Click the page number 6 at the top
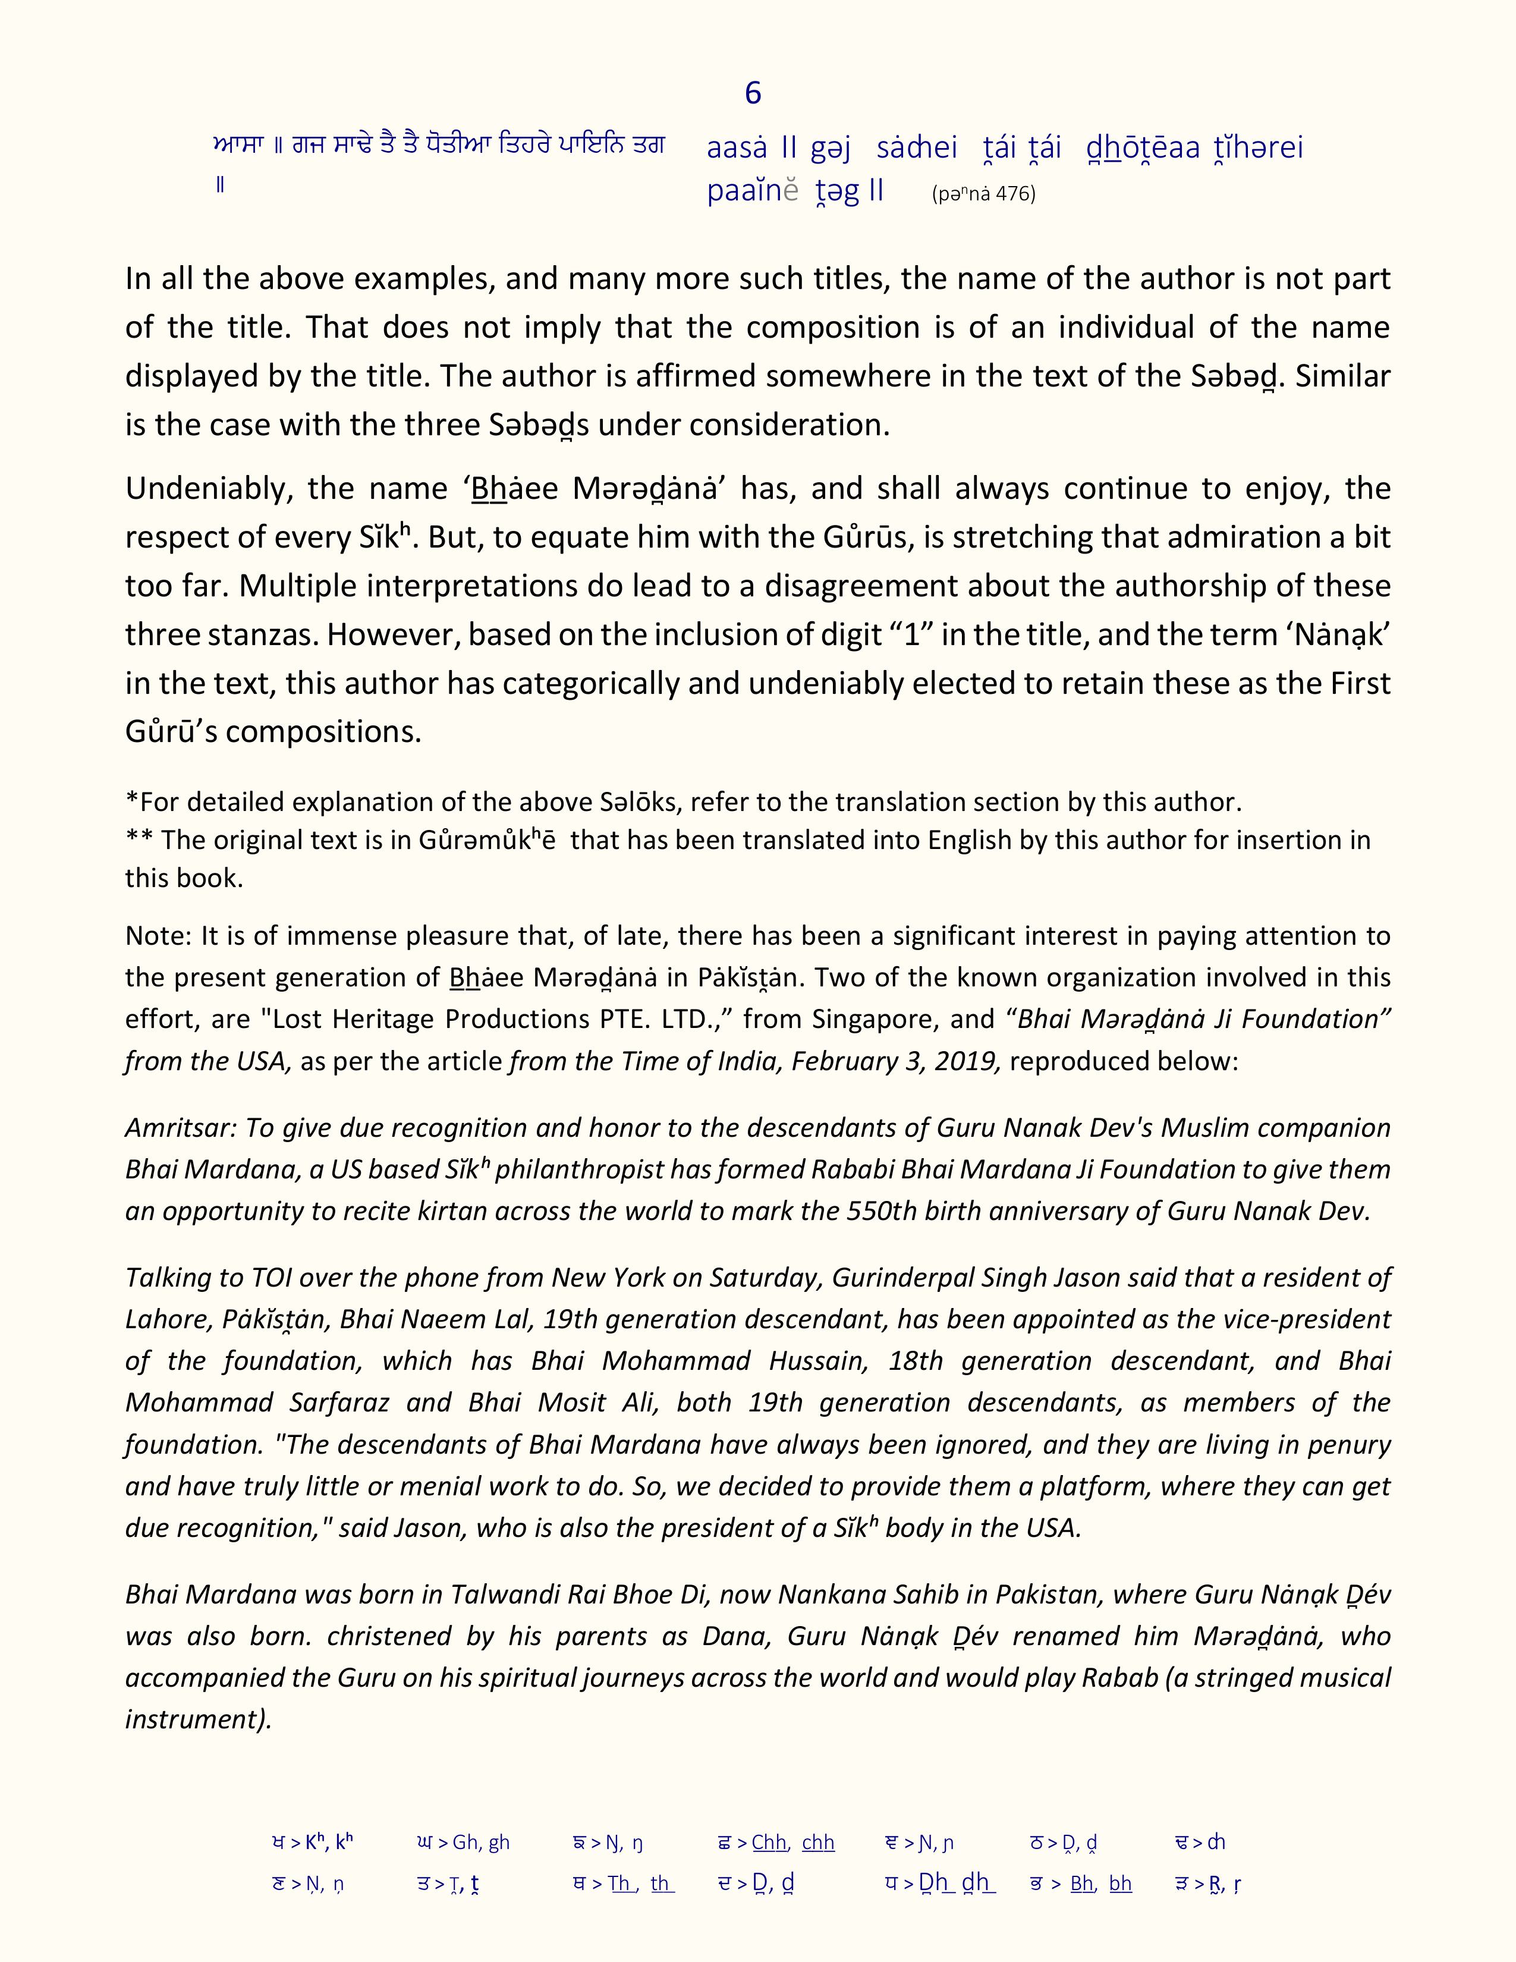[753, 93]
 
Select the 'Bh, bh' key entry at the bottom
[1100, 1884]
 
